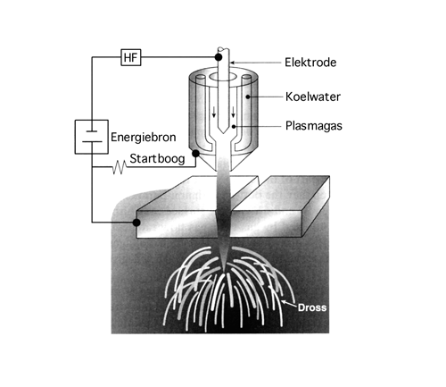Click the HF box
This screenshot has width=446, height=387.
(131, 57)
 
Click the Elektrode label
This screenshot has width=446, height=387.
(310, 63)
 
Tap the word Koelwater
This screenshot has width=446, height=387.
(313, 97)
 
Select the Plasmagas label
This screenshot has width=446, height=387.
(314, 126)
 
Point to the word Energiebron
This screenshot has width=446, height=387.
(144, 138)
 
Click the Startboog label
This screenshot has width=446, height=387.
(157, 158)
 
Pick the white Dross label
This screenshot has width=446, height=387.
(312, 307)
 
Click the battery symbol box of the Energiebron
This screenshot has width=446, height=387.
(91, 137)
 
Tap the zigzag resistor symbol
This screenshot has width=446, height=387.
(119, 167)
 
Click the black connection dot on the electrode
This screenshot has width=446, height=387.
(219, 57)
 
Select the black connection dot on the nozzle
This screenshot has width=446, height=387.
(195, 154)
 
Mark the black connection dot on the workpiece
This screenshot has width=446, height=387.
(136, 223)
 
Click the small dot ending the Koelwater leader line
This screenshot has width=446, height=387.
(247, 97)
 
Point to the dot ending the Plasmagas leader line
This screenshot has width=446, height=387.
(234, 127)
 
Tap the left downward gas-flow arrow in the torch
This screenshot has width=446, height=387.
(214, 113)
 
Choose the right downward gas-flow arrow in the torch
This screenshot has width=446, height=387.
(233, 112)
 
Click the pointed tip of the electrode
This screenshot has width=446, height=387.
(224, 133)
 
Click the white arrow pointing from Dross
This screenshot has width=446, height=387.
(289, 303)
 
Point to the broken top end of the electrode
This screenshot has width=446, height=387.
(223, 48)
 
